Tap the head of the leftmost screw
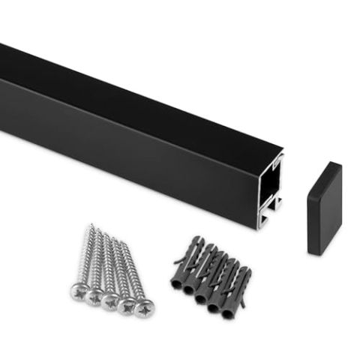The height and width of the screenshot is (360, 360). tap(79, 289)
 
